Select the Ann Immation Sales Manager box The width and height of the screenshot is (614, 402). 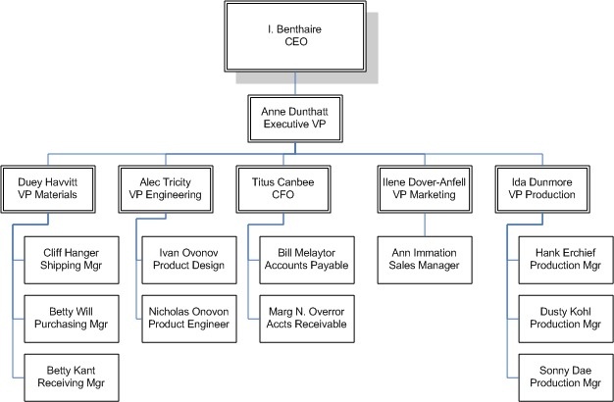(x=424, y=258)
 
